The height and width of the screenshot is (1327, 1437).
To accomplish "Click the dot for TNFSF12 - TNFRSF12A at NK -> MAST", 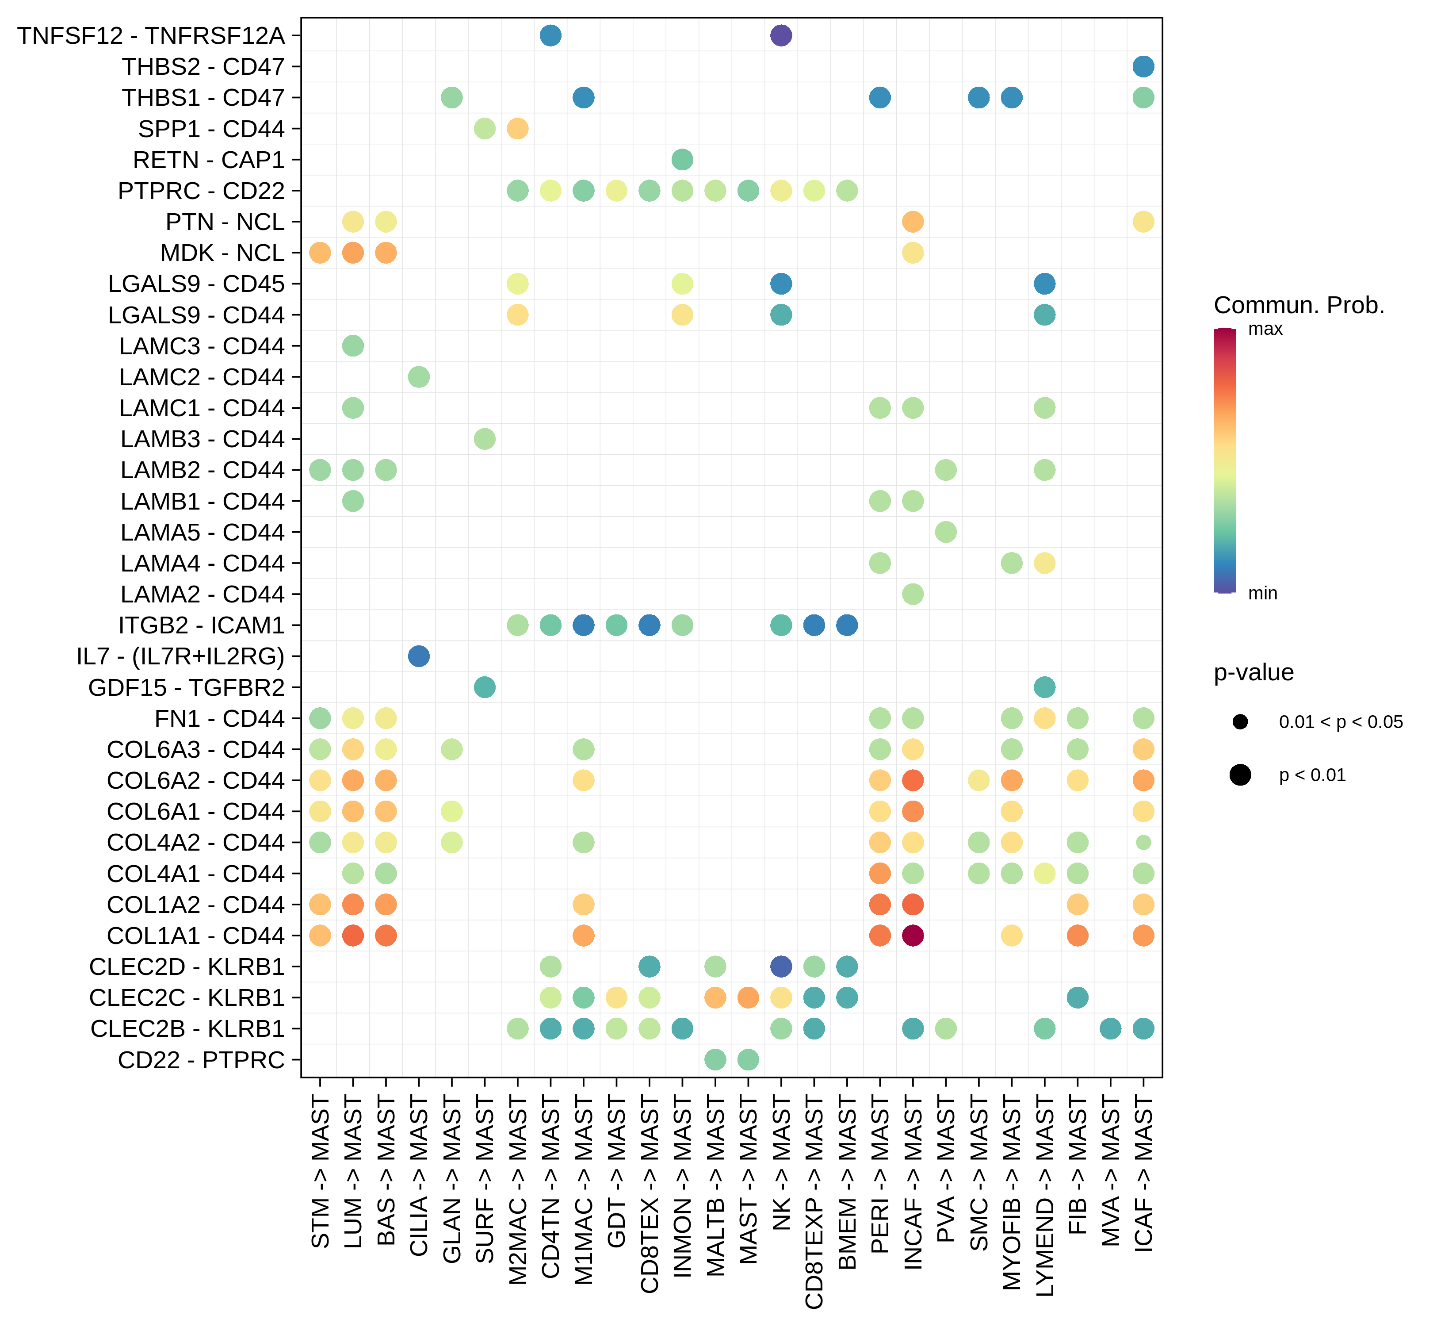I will click(781, 35).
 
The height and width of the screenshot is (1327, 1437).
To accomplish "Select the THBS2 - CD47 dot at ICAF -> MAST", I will click(1143, 66).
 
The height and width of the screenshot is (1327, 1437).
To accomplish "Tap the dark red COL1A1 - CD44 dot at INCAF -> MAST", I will click(912, 936).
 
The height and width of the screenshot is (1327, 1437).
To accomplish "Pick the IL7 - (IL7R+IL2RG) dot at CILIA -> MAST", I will click(418, 656).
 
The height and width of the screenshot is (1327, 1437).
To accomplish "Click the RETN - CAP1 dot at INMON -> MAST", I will click(682, 159).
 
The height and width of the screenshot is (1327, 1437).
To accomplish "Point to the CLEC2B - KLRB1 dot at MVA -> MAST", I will click(1110, 1028).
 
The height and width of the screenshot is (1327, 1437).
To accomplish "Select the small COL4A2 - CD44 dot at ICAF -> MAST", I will click(1143, 842).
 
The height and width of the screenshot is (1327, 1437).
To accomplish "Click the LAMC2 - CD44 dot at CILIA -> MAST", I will click(418, 377).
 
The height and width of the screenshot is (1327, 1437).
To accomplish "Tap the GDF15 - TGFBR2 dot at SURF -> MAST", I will click(485, 687).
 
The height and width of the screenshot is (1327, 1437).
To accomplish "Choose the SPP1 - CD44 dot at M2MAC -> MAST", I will click(517, 129).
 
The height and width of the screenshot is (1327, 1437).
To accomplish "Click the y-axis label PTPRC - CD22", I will click(201, 191).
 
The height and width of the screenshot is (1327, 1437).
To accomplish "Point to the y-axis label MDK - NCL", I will click(222, 253).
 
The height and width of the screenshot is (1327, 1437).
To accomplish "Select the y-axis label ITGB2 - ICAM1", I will click(201, 625).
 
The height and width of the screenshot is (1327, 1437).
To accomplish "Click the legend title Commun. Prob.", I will click(1299, 305).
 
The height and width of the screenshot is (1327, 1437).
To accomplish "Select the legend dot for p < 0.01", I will click(1240, 775).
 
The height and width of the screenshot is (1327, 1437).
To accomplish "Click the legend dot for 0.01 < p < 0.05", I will click(1240, 721).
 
